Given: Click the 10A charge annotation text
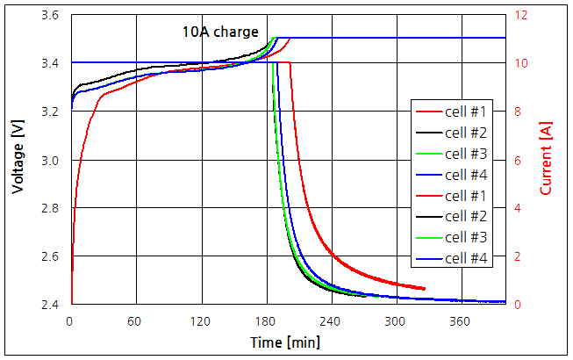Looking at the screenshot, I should click(x=220, y=32).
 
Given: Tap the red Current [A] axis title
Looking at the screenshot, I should click(x=546, y=159).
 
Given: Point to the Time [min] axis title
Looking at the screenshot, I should click(x=285, y=341).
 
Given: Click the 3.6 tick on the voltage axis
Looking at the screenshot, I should click(x=52, y=16).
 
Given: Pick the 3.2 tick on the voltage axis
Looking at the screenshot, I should click(x=52, y=112).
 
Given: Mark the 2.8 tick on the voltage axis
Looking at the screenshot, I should click(x=52, y=208).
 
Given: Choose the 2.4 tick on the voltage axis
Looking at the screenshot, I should click(x=52, y=305).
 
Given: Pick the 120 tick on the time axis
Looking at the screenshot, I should click(x=202, y=321).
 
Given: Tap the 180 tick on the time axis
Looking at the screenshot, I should click(x=267, y=321).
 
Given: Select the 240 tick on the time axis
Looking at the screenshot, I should click(x=332, y=321).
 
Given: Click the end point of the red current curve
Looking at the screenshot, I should click(x=425, y=288).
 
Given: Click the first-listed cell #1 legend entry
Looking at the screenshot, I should click(x=454, y=112).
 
